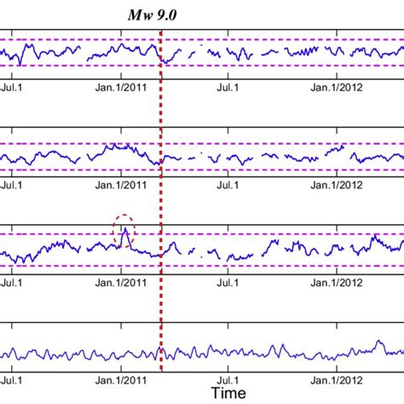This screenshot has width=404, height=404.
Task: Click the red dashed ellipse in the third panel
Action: [124, 232]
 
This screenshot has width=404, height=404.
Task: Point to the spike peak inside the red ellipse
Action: [124, 228]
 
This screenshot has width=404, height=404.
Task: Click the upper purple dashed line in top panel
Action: [256, 39]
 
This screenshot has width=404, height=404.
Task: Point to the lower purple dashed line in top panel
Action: [256, 66]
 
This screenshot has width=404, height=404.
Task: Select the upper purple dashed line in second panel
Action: [256, 143]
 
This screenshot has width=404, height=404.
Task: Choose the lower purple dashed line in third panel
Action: [256, 264]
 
